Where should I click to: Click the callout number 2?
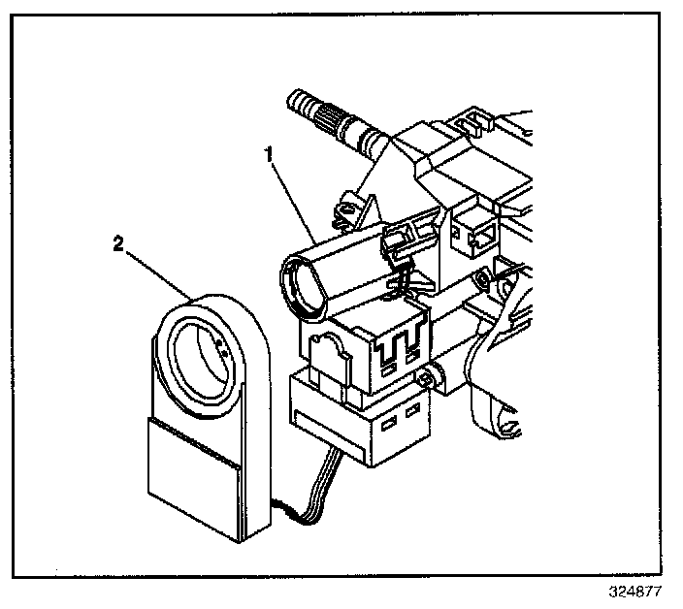click(118, 245)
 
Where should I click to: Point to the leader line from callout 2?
click(160, 272)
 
